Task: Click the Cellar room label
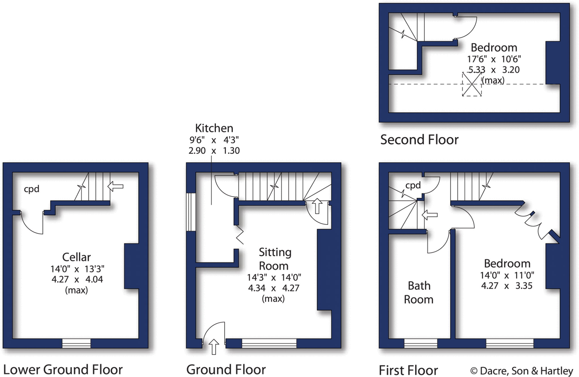click(x=76, y=257)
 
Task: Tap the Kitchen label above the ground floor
click(x=214, y=128)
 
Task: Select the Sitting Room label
click(x=275, y=259)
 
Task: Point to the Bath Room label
click(x=419, y=292)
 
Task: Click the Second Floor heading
click(x=419, y=140)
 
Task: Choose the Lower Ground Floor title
click(x=63, y=369)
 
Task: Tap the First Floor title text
click(x=408, y=370)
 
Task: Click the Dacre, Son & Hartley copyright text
click(x=522, y=370)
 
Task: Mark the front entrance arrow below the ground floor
click(x=214, y=346)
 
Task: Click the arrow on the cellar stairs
click(x=116, y=186)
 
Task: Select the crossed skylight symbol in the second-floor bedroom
click(x=472, y=84)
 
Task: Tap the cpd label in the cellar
click(x=31, y=189)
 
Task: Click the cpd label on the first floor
click(x=413, y=185)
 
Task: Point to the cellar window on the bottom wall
click(x=76, y=343)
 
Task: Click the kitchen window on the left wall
click(x=191, y=212)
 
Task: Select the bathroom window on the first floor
click(x=421, y=343)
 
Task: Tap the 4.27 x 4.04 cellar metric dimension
click(x=77, y=279)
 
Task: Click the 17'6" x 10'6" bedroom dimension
click(x=494, y=59)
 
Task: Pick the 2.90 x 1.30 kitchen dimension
click(x=214, y=151)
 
